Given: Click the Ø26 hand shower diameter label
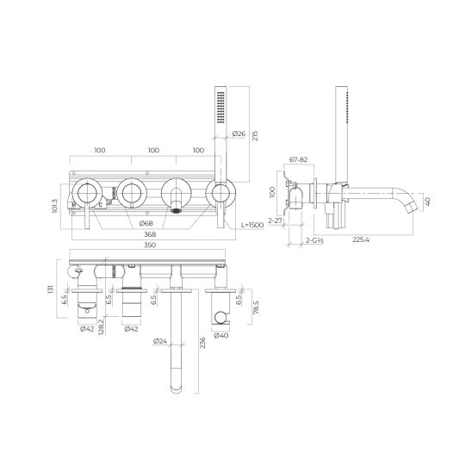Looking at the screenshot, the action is pyautogui.click(x=239, y=134).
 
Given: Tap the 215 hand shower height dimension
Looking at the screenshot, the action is pyautogui.click(x=255, y=136).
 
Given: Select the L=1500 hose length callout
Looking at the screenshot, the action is pyautogui.click(x=252, y=225).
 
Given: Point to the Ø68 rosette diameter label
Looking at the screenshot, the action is pyautogui.click(x=146, y=223).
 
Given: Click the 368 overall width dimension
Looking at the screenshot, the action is pyautogui.click(x=150, y=234).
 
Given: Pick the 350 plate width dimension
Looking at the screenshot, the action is pyautogui.click(x=150, y=245).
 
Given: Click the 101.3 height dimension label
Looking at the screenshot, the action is pyautogui.click(x=55, y=206).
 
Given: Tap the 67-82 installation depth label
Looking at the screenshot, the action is pyautogui.click(x=298, y=159).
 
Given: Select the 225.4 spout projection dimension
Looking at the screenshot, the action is pyautogui.click(x=361, y=239).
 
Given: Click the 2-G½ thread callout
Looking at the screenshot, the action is pyautogui.click(x=314, y=240).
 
